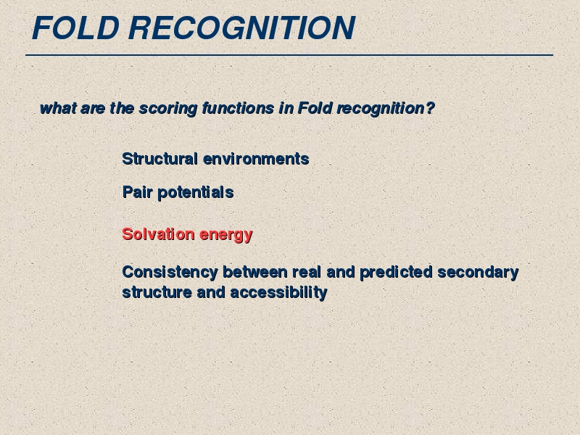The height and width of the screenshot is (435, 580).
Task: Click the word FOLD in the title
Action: [76, 28]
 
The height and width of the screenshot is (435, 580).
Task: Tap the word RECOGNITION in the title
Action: [242, 28]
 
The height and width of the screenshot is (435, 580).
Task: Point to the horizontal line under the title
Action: [289, 55]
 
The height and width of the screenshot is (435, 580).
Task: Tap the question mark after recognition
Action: [430, 108]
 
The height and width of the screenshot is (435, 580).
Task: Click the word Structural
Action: [159, 159]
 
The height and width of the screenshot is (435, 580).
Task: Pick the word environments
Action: [256, 159]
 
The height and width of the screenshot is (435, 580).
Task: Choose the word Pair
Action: [137, 192]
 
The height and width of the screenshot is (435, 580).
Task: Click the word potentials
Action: [196, 193]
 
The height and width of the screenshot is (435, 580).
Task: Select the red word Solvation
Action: [158, 234]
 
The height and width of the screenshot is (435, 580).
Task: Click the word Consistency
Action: [170, 273]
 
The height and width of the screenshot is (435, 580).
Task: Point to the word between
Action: [255, 272]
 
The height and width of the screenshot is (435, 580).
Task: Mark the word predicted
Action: [396, 273]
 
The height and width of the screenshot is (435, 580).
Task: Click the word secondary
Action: [478, 273]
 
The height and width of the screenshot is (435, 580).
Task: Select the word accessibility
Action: [279, 293]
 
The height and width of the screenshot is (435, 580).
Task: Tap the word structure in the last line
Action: [157, 292]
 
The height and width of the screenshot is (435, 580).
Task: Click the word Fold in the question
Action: [315, 108]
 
